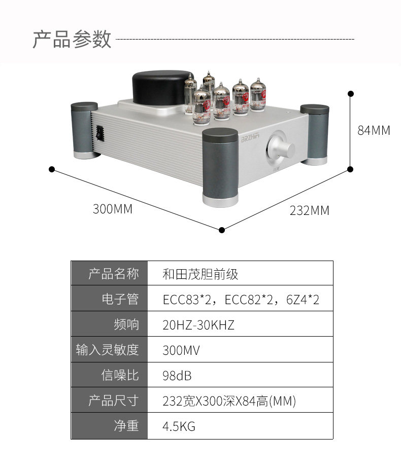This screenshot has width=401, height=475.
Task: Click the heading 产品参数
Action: pyautogui.click(x=72, y=39)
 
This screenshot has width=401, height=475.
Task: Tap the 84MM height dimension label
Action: pyautogui.click(x=374, y=130)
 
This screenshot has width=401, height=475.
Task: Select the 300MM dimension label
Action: pyautogui.click(x=112, y=208)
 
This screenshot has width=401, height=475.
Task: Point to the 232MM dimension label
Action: pyautogui.click(x=309, y=210)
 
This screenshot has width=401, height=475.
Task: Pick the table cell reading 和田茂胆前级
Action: pyautogui.click(x=200, y=274)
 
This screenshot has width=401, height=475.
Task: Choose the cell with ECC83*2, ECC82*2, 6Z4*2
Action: pyautogui.click(x=241, y=300)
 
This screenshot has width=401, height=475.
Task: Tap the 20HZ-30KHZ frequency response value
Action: pyautogui.click(x=198, y=325)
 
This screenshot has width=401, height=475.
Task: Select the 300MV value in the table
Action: pyautogui.click(x=181, y=350)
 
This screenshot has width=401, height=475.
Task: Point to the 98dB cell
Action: pyautogui.click(x=177, y=376)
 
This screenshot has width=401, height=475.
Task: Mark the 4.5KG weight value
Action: pyautogui.click(x=179, y=426)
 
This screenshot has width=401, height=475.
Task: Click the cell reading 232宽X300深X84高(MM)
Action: pyautogui.click(x=229, y=401)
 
